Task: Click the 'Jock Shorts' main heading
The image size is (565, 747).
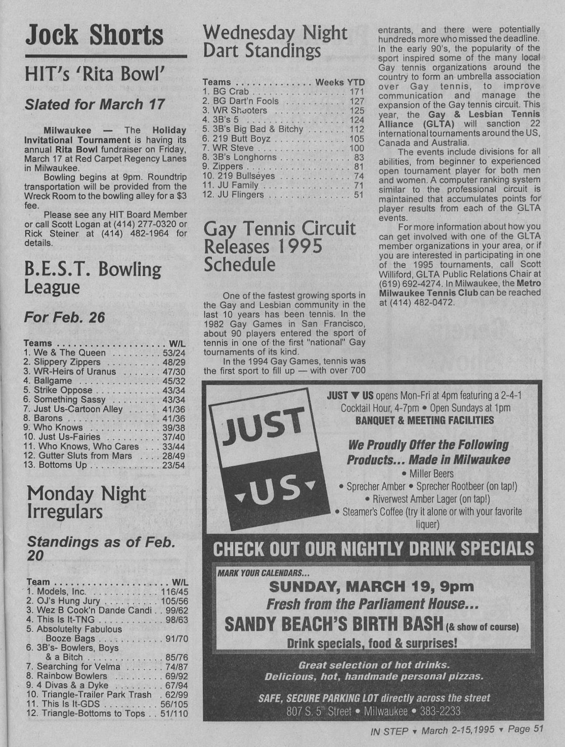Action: point(95,35)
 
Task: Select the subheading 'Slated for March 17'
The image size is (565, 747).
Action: point(95,105)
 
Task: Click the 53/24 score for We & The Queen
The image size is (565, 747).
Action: point(174,353)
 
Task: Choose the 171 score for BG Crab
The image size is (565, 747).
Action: point(357,91)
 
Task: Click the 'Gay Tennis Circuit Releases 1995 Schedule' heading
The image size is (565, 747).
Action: point(279,246)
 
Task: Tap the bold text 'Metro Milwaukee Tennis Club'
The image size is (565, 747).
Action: point(459,288)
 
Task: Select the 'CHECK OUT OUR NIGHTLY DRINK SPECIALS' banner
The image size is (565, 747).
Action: point(373,548)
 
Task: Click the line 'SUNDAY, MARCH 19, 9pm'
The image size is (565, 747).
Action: point(371,587)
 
